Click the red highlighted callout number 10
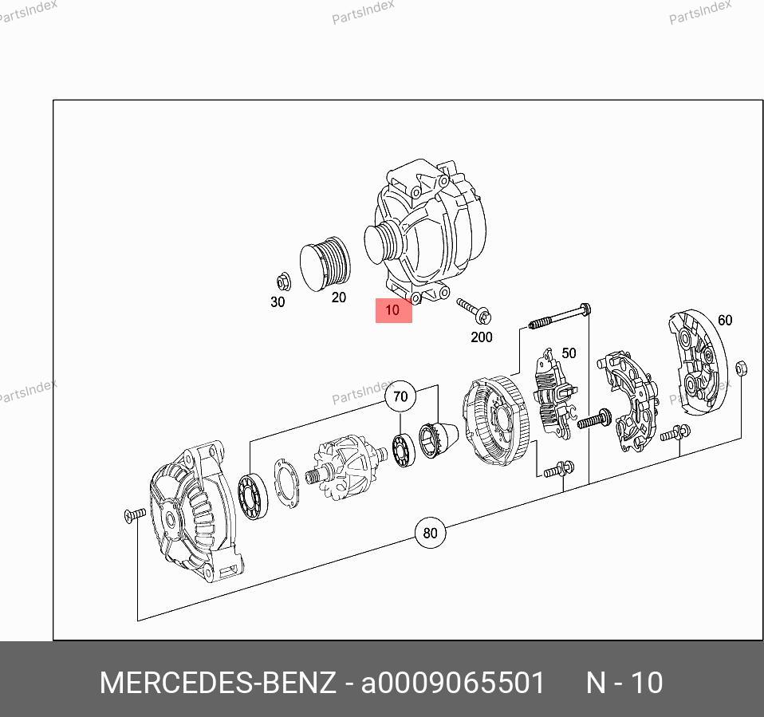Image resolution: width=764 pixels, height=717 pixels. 392,310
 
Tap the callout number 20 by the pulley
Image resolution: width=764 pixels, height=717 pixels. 339,297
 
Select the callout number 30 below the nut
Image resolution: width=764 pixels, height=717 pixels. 278,302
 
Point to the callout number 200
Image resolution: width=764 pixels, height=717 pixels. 482,337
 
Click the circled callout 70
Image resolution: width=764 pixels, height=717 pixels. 400,396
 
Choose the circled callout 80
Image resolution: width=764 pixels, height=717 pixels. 430,534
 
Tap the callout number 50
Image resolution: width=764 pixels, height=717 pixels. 569,353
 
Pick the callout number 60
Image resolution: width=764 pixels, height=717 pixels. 725,321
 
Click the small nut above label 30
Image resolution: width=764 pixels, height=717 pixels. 283,282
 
